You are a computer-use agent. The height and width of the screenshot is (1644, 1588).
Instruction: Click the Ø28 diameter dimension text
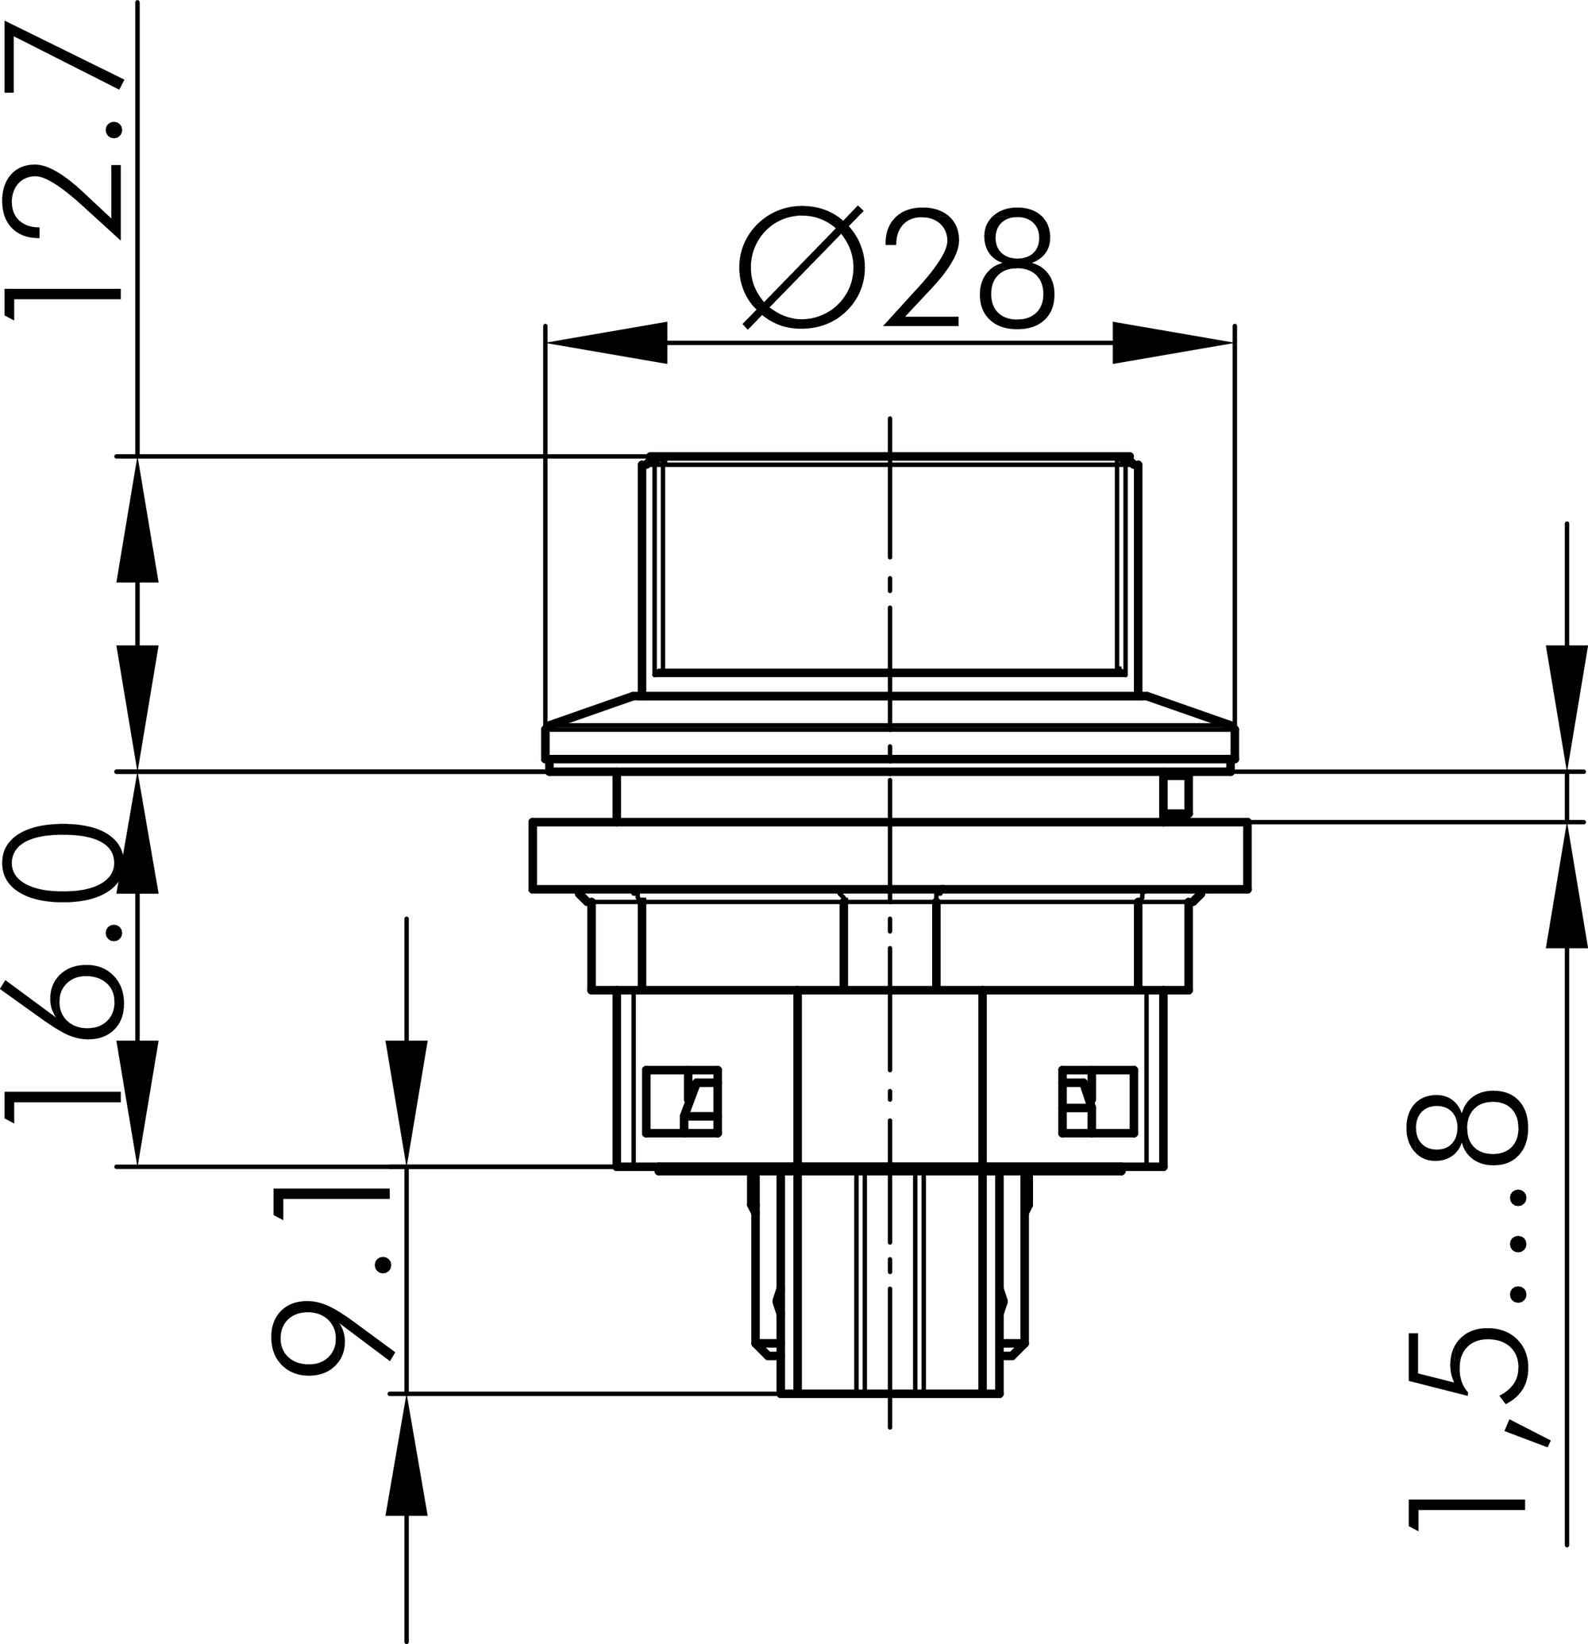point(896,268)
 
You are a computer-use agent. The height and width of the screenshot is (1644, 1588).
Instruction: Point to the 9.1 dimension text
point(332,1283)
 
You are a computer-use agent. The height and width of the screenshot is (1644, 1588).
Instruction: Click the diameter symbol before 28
point(802,268)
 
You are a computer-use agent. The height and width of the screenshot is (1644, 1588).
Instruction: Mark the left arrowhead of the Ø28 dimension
point(607,342)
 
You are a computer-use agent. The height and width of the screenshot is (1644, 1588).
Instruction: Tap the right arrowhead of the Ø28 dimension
point(1174,342)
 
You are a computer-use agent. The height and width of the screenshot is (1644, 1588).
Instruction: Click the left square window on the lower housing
point(682,1101)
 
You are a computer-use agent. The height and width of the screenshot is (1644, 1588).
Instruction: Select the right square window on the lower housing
point(1098,1101)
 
